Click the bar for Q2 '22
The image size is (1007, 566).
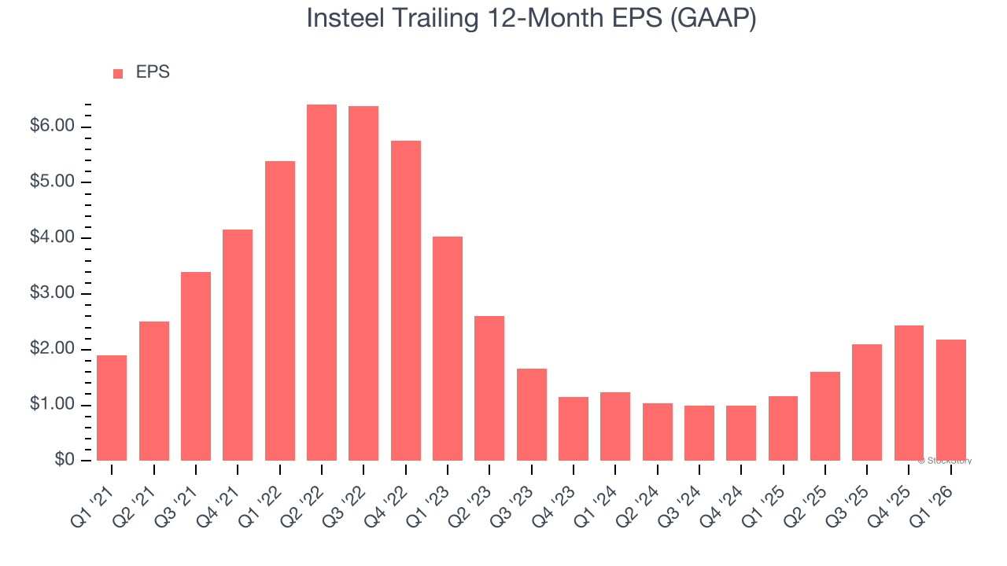(322, 282)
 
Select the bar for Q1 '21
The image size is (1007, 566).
(112, 408)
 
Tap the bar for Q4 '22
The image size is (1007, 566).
(406, 300)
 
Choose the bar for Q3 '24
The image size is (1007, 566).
(699, 433)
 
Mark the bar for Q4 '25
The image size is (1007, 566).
(909, 393)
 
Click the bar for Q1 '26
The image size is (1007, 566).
(951, 400)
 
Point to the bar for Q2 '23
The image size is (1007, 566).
(489, 388)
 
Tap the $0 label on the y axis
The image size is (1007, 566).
(65, 461)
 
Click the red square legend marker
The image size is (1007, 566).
(118, 73)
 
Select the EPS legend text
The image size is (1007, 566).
(153, 72)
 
